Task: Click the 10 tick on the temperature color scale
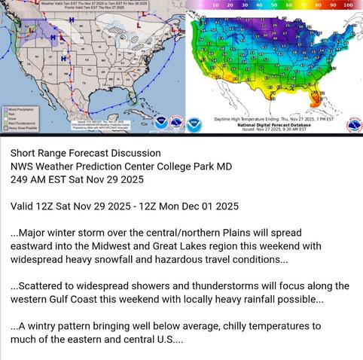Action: (x=215, y=5)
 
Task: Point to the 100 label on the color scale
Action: (x=347, y=5)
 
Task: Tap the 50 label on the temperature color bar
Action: (x=273, y=5)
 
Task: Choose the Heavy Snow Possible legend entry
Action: (x=23, y=128)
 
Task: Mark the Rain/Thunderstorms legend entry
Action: (x=23, y=124)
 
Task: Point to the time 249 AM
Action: (x=31, y=180)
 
